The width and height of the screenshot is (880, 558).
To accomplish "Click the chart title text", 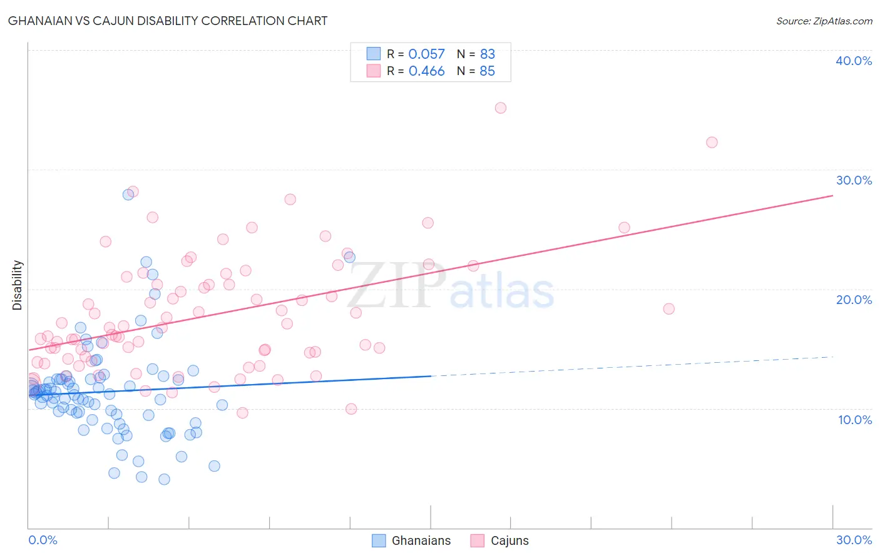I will coord(168,21).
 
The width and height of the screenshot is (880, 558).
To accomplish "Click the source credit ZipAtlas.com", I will coord(824,21).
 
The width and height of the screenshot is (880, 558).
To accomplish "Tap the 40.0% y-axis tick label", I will coord(854,61).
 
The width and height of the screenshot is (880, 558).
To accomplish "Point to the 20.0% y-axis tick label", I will coord(854,300).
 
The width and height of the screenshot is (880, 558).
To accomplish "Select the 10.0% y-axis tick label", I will coord(854,420).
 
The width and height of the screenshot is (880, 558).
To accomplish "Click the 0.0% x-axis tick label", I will coord(43,540).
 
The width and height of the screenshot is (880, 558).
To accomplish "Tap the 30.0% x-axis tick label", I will coord(854,540).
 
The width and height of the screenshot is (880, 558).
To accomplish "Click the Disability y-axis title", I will coord(18,285).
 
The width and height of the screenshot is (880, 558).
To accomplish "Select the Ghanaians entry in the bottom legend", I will coord(411,540).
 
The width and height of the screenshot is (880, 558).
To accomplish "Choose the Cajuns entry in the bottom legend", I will coord(499,540).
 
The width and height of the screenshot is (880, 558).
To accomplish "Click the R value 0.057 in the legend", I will coord(426,54).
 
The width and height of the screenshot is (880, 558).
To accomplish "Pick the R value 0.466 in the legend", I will coord(426,71).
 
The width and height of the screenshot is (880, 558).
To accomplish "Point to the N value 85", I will coord(487,71).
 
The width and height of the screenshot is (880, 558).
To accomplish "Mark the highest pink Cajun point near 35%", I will coord(501,108).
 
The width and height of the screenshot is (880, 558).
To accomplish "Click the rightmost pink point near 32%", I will coord(712,142).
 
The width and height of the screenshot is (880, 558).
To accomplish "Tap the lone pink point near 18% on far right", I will coord(668,308).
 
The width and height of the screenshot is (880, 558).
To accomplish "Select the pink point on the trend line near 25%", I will coord(624,228).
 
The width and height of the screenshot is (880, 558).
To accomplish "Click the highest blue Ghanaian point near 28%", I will coord(128,194).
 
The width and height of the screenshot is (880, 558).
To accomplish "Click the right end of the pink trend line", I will coord(832,196).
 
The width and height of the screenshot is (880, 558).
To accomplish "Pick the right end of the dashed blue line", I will coord(832,357).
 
